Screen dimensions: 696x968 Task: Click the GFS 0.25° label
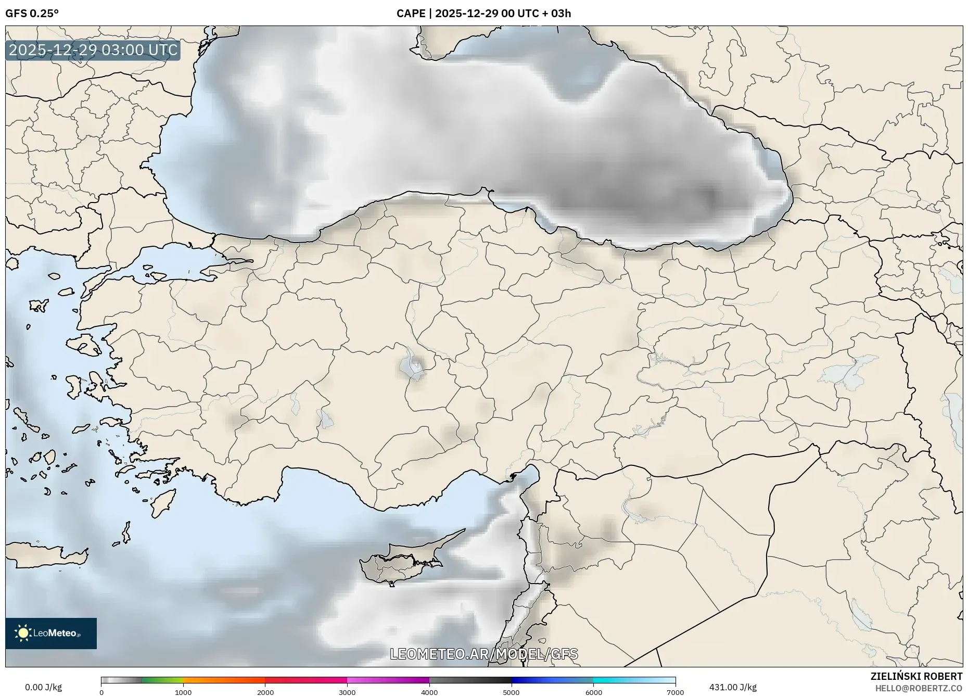point(32,14)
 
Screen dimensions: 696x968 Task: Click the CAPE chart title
point(483,14)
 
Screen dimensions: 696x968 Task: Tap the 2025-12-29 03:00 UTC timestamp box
point(93,50)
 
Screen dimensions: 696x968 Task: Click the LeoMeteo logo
point(51,633)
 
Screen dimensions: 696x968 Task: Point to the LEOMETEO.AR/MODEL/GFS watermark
point(483,654)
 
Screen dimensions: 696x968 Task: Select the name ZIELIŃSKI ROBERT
point(916,676)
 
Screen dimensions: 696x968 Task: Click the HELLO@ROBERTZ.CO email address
point(919,688)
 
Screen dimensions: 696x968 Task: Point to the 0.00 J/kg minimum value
point(43,687)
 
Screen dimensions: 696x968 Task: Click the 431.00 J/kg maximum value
point(733,687)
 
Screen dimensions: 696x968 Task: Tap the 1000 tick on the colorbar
point(183,692)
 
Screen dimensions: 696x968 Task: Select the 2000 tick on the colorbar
point(265,692)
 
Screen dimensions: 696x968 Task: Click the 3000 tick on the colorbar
point(347,692)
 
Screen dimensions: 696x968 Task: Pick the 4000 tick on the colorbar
point(429,692)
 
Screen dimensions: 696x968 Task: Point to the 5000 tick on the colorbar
point(511,692)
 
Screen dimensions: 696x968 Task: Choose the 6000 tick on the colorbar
point(593,692)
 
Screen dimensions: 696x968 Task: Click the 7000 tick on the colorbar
point(675,692)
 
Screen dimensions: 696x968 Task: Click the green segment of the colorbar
point(162,680)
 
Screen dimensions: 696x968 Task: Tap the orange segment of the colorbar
point(224,680)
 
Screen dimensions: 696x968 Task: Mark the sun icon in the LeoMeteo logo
point(23,633)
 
